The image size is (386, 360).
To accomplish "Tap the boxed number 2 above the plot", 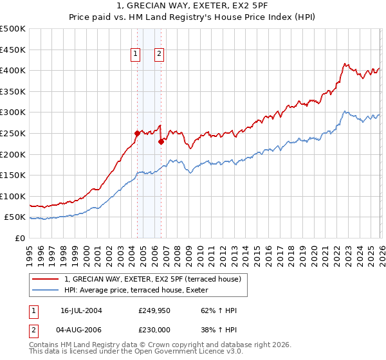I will click(159, 55).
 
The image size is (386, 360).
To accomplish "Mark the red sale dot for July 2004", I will click(137, 134).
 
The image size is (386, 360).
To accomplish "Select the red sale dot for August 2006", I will click(161, 142).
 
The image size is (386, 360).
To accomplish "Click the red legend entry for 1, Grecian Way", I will click(152, 279).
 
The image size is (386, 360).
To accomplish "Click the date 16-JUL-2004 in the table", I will click(81, 310).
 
